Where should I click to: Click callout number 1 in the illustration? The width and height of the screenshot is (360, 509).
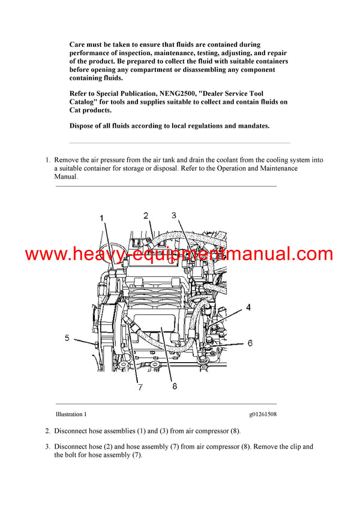pos(101,218)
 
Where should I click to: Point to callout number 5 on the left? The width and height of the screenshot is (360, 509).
pos(67,338)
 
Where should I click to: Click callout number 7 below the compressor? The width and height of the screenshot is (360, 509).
pos(140,371)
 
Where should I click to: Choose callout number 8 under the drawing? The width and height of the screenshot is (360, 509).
pos(175,370)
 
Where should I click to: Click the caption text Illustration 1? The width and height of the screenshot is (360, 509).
pos(71,414)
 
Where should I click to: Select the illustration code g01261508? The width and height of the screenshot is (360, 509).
pos(263,414)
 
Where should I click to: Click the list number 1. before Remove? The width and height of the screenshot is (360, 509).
pos(48,161)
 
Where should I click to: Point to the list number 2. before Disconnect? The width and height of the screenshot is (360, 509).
pos(48,431)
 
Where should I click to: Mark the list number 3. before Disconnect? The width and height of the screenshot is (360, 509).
pos(48,447)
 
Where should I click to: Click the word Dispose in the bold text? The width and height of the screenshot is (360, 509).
pos(84,126)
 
